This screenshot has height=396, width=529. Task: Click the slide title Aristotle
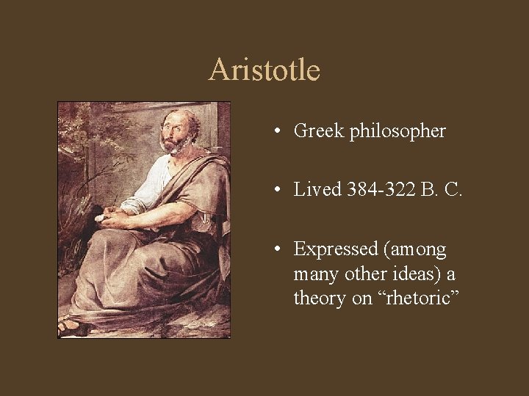coord(264,70)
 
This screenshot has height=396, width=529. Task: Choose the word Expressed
coord(334,250)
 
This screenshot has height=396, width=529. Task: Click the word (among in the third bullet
coord(413,250)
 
